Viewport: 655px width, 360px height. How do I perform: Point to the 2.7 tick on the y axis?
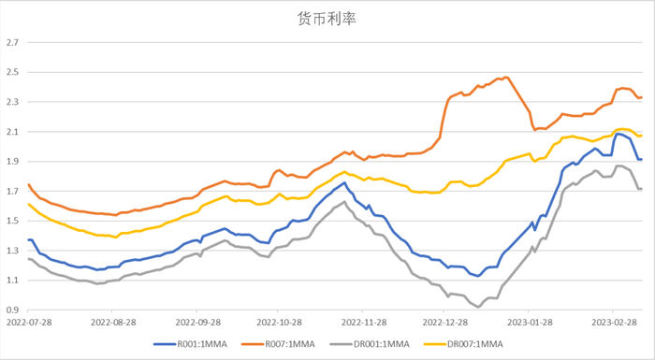click(x=12, y=42)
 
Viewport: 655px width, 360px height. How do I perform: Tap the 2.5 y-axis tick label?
click(x=12, y=72)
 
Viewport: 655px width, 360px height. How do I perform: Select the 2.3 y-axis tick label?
click(x=12, y=102)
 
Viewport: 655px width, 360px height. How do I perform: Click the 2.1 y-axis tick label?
click(x=12, y=132)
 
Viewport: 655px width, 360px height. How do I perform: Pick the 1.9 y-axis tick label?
click(x=12, y=161)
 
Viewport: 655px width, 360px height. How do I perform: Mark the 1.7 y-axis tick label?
click(x=12, y=191)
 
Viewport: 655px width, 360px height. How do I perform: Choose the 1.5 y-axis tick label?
click(x=12, y=221)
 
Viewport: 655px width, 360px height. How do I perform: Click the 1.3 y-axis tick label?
click(x=12, y=251)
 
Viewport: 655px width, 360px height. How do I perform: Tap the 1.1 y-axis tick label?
click(x=12, y=280)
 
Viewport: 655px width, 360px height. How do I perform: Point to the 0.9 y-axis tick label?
click(x=12, y=310)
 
